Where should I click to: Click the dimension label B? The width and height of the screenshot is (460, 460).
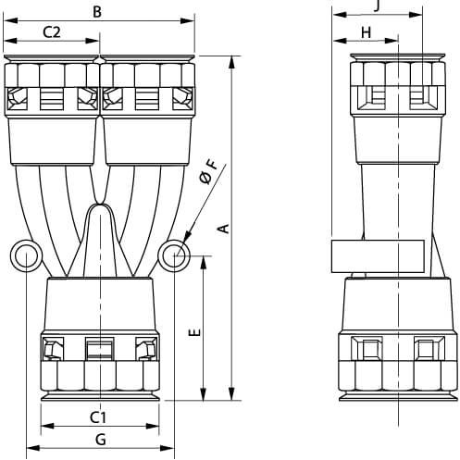[97, 12]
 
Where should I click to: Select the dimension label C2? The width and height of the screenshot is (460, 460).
[52, 31]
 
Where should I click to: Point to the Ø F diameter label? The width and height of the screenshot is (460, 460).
[208, 172]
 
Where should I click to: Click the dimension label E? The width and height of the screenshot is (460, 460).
[195, 332]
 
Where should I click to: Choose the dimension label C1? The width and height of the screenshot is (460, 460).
[98, 417]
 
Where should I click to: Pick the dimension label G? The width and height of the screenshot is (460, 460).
[101, 440]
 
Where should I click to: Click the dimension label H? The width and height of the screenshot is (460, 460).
[366, 32]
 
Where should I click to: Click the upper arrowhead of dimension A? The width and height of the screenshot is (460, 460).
[231, 63]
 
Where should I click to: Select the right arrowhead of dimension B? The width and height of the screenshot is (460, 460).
[188, 20]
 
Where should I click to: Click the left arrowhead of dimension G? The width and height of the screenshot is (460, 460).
[33, 448]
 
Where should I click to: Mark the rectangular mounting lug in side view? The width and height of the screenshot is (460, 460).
[378, 256]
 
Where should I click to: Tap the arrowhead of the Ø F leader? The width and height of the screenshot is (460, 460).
[187, 238]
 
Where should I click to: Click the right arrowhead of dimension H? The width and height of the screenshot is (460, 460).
[392, 41]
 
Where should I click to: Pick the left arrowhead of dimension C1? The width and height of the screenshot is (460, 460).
[47, 426]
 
